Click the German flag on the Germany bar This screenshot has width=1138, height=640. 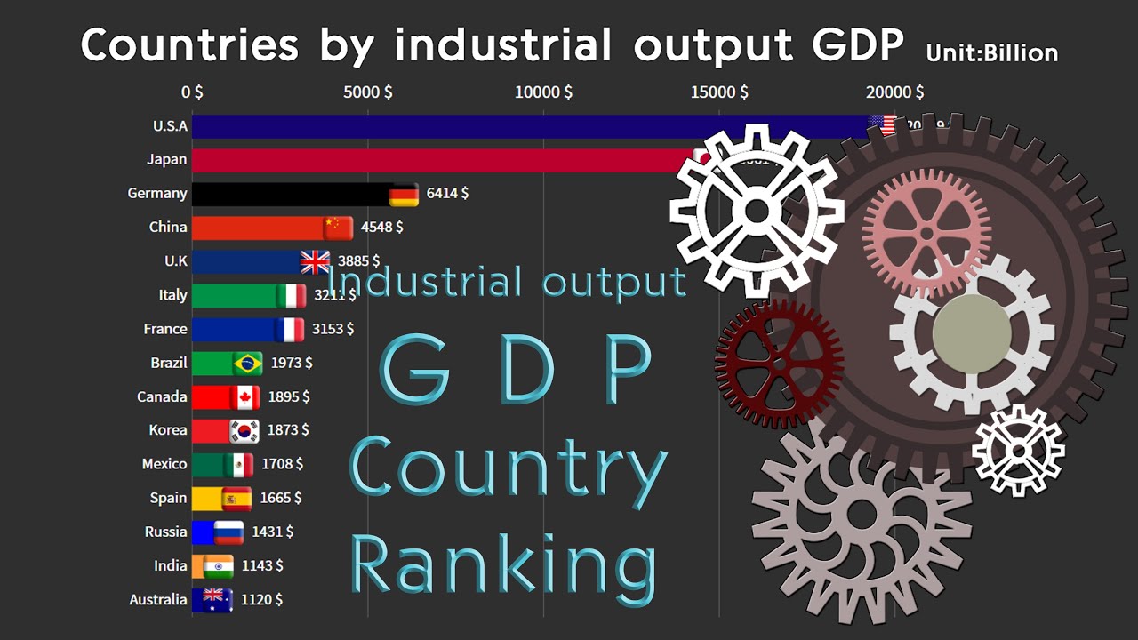[x=405, y=194]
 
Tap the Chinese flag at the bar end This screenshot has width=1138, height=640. [x=338, y=228]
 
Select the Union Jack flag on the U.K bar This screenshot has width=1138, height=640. [x=315, y=261]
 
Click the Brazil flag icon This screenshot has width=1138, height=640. [x=247, y=363]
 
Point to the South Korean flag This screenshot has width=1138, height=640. [x=244, y=431]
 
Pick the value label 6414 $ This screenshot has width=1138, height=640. [x=446, y=193]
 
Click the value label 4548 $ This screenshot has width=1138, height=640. [x=381, y=227]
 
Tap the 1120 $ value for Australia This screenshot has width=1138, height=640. [x=261, y=600]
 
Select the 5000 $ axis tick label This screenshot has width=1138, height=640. [x=367, y=92]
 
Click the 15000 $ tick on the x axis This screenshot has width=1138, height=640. [x=719, y=92]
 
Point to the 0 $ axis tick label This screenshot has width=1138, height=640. [x=192, y=92]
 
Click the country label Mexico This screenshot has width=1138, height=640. [x=164, y=464]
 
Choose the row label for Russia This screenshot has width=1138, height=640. [x=166, y=532]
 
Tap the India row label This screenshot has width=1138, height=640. [x=171, y=565]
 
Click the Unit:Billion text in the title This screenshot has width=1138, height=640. [x=991, y=53]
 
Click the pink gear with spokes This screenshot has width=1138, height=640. [x=926, y=233]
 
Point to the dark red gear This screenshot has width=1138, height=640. [x=779, y=363]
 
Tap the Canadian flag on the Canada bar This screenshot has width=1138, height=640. [x=244, y=397]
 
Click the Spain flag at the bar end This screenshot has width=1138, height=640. [x=236, y=499]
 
